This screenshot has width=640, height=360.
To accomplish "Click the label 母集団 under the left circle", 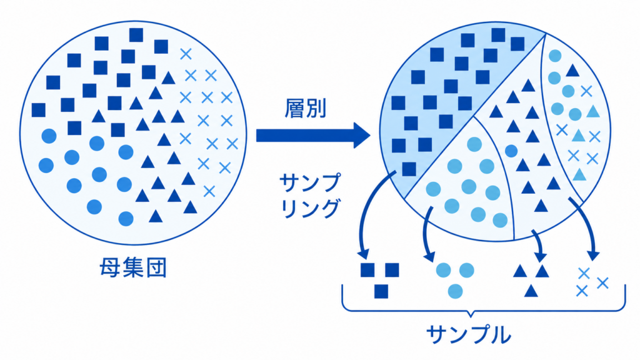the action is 133,267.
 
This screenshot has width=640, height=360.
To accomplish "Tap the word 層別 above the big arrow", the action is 305,109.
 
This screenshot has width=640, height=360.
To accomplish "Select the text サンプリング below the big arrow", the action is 310,196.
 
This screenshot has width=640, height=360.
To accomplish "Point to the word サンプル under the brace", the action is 469,335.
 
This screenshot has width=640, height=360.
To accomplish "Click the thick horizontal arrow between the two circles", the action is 313,135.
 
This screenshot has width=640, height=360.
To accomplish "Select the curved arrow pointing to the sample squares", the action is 370,212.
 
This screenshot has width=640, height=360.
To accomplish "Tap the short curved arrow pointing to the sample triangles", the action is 538,245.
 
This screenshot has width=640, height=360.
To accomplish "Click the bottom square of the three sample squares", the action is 381,291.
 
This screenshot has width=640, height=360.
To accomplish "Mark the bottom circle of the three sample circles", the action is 455,291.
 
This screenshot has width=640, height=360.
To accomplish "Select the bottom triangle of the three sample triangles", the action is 531,291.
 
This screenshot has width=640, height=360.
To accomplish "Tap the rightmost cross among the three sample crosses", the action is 602,282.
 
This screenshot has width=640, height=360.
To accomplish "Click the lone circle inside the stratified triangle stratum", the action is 511,151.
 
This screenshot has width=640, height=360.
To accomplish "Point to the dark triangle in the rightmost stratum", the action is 572,71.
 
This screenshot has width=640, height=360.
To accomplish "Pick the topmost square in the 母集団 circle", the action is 136,35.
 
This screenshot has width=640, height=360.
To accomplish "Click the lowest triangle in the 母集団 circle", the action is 156,216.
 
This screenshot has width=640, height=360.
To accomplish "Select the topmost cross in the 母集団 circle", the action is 186,54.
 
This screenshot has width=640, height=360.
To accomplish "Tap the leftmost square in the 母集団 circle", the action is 39,110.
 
